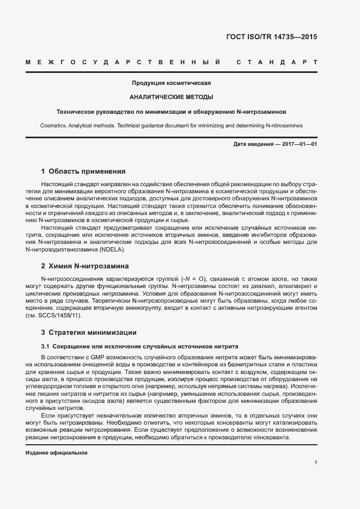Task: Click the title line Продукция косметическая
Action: pyautogui.click(x=171, y=83)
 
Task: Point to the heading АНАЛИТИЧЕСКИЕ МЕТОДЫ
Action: pyautogui.click(x=171, y=97)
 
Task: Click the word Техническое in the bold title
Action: pyautogui.click(x=76, y=112)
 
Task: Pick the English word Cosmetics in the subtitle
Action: pyautogui.click(x=53, y=125)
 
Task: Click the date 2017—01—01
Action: pyautogui.click(x=298, y=144)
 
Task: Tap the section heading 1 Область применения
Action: pyautogui.click(x=83, y=171)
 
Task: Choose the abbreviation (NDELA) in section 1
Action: pyautogui.click(x=112, y=250)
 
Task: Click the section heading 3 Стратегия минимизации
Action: pyautogui.click(x=85, y=332)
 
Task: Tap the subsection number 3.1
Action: pyautogui.click(x=46, y=346)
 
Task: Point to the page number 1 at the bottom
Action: pyautogui.click(x=316, y=463)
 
